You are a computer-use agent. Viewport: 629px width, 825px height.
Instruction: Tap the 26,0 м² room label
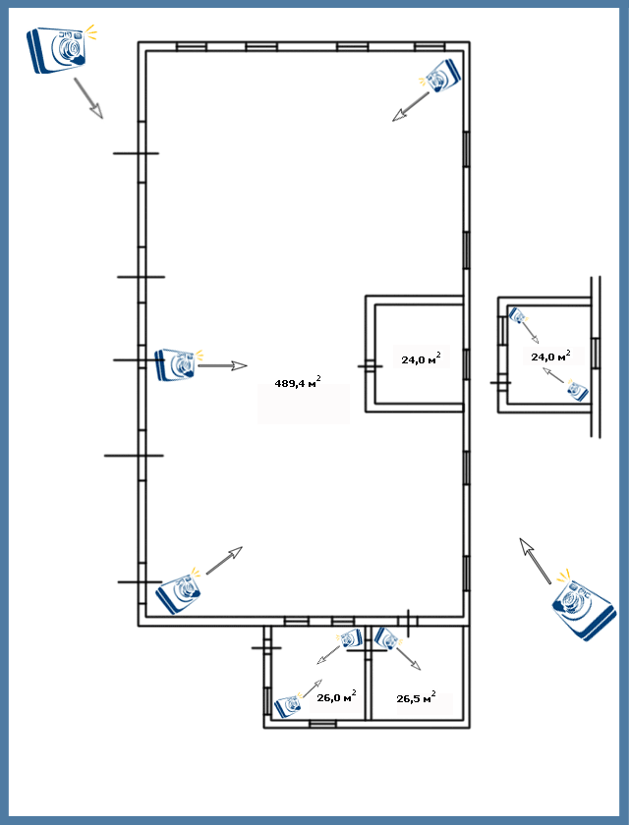[x=336, y=696]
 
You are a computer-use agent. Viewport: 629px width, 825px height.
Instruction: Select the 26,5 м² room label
[x=416, y=697]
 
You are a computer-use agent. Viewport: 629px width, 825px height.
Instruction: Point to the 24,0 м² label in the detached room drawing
[x=550, y=356]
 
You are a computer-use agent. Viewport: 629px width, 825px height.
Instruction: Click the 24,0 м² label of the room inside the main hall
[x=421, y=358]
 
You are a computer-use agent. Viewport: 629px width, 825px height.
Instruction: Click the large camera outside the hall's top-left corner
[x=61, y=48]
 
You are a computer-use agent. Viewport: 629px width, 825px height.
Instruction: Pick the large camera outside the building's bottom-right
[x=582, y=605]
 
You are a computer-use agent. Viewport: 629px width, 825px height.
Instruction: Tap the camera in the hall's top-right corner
[x=440, y=76]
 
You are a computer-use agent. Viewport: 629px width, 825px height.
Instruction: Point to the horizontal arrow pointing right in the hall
[x=222, y=365]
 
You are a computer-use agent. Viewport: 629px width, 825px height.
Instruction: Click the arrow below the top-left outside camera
[x=88, y=98]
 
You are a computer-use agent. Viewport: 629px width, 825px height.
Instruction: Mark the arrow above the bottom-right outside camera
[x=535, y=561]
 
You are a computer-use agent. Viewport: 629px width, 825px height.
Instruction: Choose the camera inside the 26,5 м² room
[x=387, y=638]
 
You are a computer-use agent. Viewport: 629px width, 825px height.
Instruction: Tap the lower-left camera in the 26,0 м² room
[x=288, y=705]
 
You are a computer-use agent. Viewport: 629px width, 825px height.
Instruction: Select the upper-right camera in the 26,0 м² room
[x=350, y=638]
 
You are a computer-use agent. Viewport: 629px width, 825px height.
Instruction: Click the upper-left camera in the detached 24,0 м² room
[x=518, y=315]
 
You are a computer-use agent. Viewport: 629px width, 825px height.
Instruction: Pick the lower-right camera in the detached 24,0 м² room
[x=577, y=391]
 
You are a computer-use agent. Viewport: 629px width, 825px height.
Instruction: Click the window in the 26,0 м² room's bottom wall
[x=322, y=725]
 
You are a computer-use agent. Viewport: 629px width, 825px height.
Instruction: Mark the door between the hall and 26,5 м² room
[x=408, y=620]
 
